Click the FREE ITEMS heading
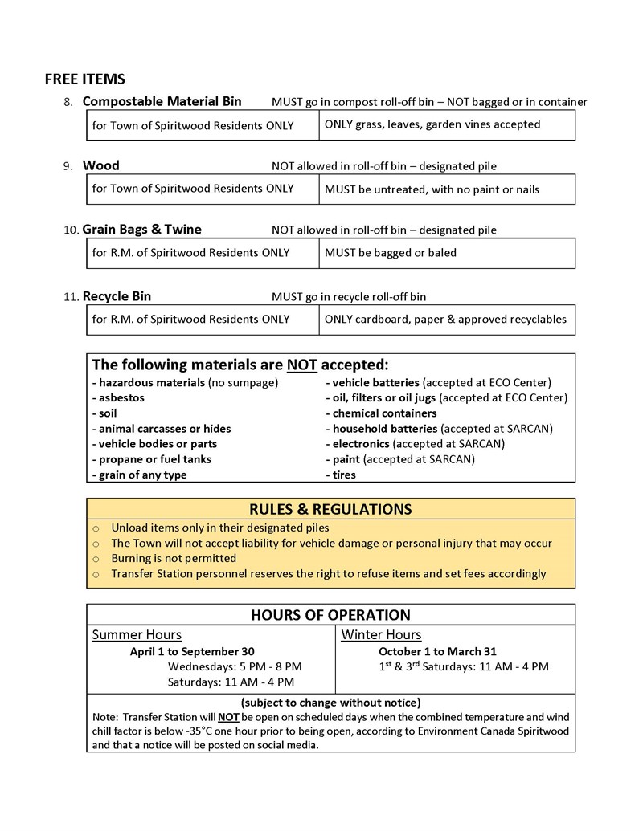tap(84, 79)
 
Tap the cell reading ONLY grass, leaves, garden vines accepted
tap(432, 124)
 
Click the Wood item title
tap(100, 165)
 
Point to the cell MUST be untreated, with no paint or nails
tap(432, 189)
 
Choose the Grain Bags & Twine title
tap(141, 230)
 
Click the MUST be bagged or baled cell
tap(390, 253)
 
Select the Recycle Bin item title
tap(117, 296)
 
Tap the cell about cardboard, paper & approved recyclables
tap(445, 319)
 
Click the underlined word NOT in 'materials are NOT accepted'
tap(302, 364)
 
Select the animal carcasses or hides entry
tap(162, 429)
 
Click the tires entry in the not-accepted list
tap(341, 475)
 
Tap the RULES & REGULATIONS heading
tap(330, 509)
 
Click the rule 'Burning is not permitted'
tap(174, 558)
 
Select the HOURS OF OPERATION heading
tap(330, 615)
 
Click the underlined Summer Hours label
tap(137, 635)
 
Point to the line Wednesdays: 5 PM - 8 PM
tap(235, 666)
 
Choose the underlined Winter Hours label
tap(381, 635)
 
